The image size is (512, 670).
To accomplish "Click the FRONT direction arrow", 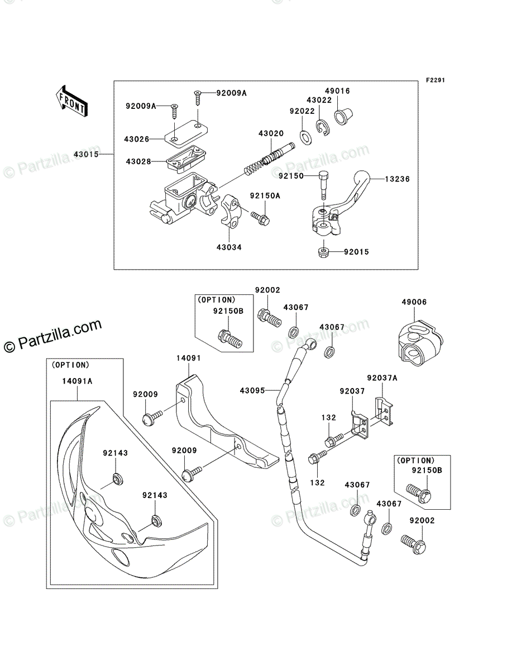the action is [x=71, y=100].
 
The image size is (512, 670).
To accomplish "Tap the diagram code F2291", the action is [x=436, y=80].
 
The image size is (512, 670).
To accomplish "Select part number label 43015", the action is [x=86, y=154].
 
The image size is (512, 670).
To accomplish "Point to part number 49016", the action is [x=337, y=90].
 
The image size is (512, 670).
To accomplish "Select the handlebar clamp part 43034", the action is [x=229, y=211].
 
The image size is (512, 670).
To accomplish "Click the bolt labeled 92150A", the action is [x=260, y=218].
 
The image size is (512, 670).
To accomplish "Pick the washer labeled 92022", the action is [x=305, y=137].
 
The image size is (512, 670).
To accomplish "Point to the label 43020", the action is [x=271, y=133].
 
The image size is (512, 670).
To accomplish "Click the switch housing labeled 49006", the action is [x=420, y=343].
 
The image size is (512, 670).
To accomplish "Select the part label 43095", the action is [x=252, y=390].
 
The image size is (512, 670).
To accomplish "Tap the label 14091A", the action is [x=77, y=381].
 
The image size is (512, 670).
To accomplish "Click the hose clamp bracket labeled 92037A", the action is [x=384, y=411].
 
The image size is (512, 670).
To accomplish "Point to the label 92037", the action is [x=352, y=391].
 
